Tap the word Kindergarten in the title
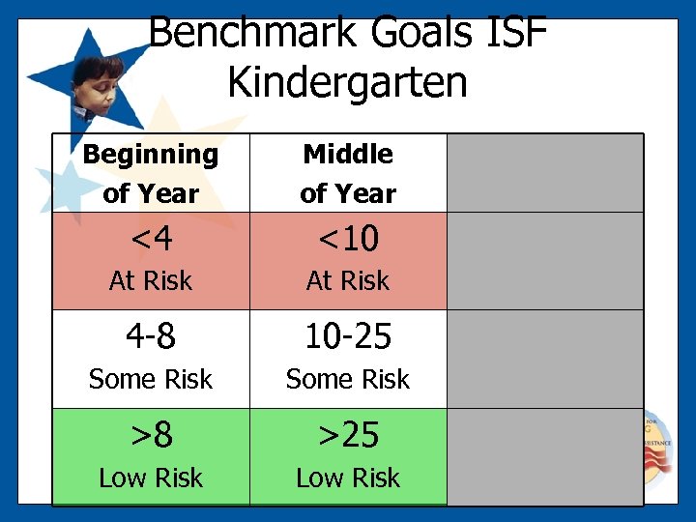click(x=348, y=83)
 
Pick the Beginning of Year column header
click(x=151, y=173)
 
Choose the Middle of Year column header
click(x=348, y=173)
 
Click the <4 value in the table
click(x=151, y=238)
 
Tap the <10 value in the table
click(x=348, y=238)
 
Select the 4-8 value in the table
click(x=151, y=336)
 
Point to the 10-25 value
click(x=348, y=336)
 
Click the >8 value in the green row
click(x=151, y=435)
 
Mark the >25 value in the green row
click(x=348, y=435)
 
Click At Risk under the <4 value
click(x=151, y=281)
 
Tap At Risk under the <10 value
click(x=348, y=281)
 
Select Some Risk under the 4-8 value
click(x=151, y=380)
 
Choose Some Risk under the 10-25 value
click(x=348, y=380)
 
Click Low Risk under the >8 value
click(x=151, y=478)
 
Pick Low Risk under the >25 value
click(x=348, y=478)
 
